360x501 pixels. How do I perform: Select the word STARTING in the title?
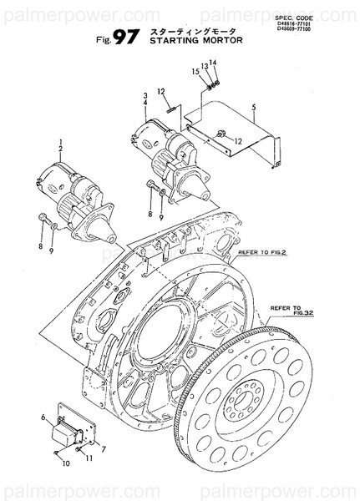[172, 38]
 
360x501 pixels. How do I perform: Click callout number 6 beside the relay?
[43, 417]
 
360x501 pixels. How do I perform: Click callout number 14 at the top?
[212, 62]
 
